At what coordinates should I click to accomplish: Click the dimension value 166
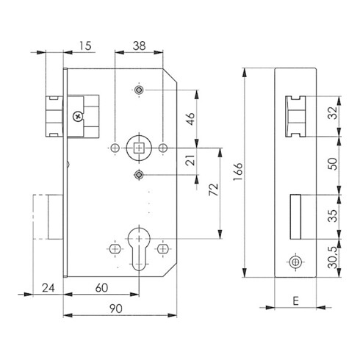[x=238, y=171]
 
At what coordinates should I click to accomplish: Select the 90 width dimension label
[x=116, y=309]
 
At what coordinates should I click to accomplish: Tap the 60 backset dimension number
[x=101, y=288]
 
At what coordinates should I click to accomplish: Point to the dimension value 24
[x=48, y=288]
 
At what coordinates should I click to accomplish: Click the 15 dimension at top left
[x=85, y=46]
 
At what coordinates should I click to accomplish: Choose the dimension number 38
[x=139, y=46]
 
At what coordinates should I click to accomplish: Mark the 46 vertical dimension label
[x=191, y=119]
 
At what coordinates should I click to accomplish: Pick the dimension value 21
[x=191, y=160]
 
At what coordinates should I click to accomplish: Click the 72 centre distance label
[x=213, y=190]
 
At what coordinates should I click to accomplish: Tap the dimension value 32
[x=333, y=113]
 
